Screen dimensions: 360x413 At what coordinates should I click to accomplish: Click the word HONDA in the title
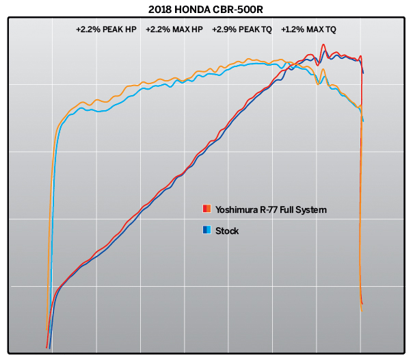coord(200,10)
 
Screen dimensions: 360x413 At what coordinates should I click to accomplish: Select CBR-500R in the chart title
coord(243,10)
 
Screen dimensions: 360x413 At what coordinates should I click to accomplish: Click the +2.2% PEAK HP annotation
coord(107,30)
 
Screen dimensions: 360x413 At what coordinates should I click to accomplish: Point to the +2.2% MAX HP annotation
coord(174,30)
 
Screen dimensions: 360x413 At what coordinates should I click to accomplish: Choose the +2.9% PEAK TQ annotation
coord(241,30)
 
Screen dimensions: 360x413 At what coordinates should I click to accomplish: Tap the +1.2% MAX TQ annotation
coord(308,30)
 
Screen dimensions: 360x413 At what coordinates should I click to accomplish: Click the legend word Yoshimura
coord(236,209)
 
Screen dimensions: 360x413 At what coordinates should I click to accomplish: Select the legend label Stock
coord(227,231)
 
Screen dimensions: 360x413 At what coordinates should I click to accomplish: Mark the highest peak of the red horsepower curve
coord(323,46)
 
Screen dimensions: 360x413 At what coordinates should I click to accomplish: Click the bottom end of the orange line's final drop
coord(361,311)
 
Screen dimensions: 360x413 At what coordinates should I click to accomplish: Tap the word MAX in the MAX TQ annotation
coord(312,30)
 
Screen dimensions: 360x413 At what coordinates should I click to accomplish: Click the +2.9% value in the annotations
coord(224,30)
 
